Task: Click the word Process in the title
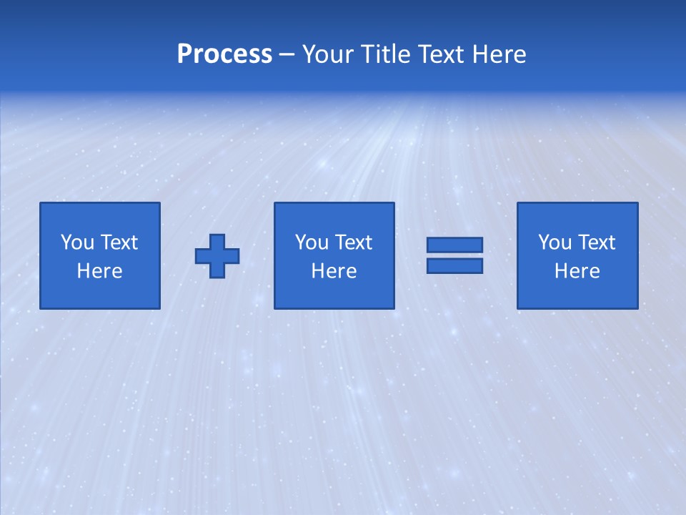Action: (x=224, y=54)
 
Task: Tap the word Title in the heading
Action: (x=383, y=54)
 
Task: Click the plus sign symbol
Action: (x=217, y=256)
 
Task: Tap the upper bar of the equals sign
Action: (x=454, y=245)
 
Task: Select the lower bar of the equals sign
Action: (x=454, y=266)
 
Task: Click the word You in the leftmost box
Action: (x=77, y=242)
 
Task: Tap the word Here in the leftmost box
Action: (x=99, y=271)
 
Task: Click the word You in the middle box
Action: (x=312, y=242)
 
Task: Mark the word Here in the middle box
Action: (x=334, y=271)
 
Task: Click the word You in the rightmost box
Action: (x=555, y=242)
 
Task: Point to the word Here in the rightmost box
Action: (x=577, y=271)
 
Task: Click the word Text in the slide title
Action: (x=438, y=54)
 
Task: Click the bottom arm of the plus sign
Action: (x=217, y=271)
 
